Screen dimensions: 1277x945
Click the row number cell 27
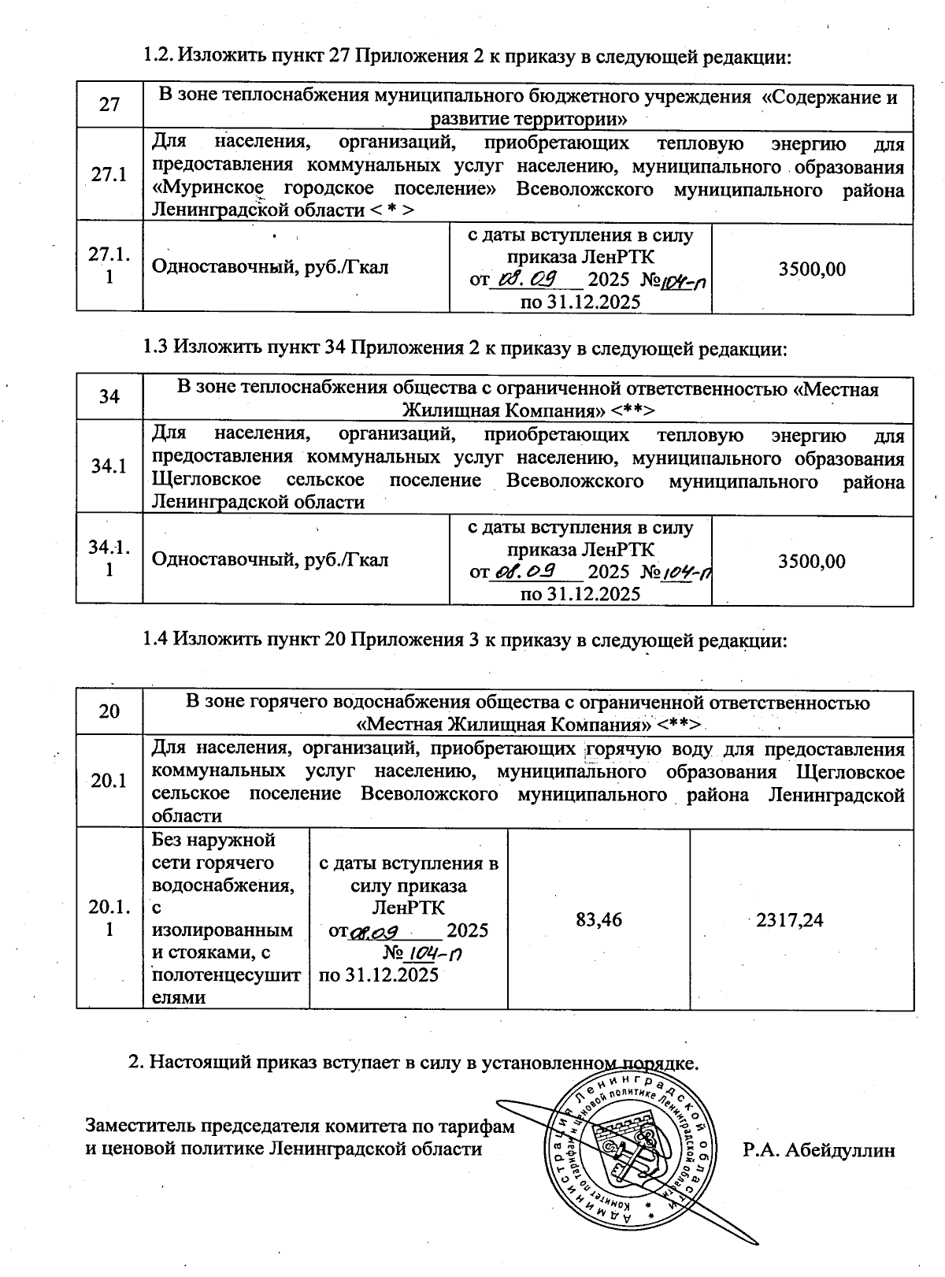[109, 105]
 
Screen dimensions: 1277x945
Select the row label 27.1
[109, 175]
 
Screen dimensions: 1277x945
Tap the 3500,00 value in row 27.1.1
[812, 269]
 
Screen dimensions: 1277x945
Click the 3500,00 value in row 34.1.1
[812, 561]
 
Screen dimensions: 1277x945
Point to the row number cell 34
[109, 396]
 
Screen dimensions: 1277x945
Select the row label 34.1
[109, 466]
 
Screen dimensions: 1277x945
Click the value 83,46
[598, 919]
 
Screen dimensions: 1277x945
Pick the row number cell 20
[109, 711]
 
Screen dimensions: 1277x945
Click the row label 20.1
[109, 781]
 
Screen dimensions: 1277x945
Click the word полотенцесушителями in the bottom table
[225, 986]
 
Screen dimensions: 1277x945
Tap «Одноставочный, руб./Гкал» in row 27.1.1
[269, 268]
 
